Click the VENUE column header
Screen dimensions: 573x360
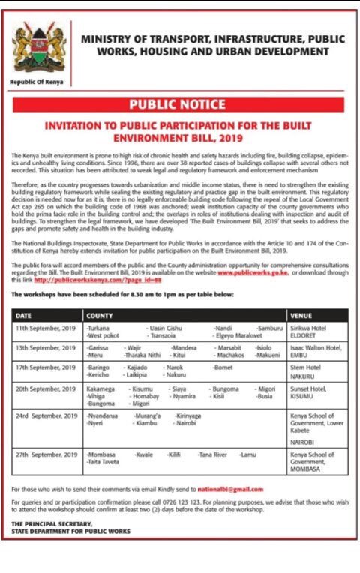point(302,316)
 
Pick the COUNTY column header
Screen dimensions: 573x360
point(100,316)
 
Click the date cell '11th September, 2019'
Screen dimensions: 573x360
point(44,328)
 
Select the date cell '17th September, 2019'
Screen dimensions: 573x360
point(44,367)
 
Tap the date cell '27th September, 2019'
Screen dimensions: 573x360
point(44,454)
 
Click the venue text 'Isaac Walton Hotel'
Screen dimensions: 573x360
point(316,348)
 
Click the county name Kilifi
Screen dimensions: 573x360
point(174,454)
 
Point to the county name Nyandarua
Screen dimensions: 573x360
point(103,415)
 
